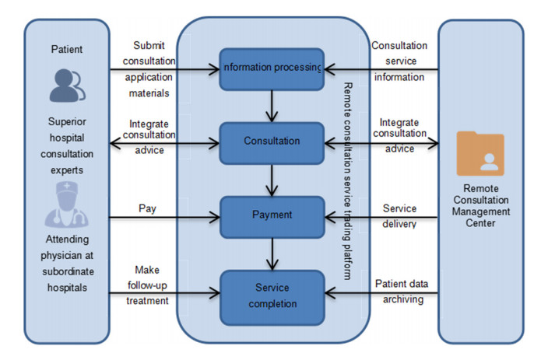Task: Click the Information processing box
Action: pos(271,67)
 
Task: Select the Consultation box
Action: pos(271,141)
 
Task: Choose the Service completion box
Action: pos(271,292)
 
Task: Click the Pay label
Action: pos(148,208)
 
